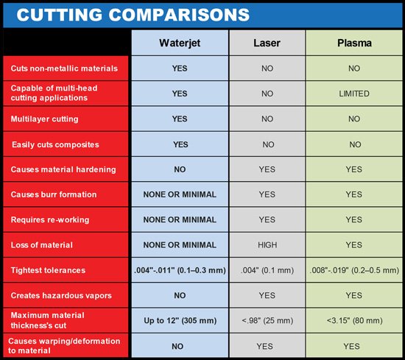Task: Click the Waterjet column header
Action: click(180, 43)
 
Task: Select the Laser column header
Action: click(267, 43)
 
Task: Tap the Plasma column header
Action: click(354, 43)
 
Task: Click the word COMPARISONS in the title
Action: click(179, 15)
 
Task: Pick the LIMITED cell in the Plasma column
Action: click(354, 93)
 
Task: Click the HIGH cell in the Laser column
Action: click(267, 245)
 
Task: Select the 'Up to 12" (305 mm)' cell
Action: click(180, 320)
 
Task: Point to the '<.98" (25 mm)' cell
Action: click(267, 320)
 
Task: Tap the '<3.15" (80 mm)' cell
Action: click(355, 320)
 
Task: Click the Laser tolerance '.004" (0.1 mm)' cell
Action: click(267, 270)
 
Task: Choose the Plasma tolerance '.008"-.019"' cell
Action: click(354, 270)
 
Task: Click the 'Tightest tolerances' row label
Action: click(48, 270)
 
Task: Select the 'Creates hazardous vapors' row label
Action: click(61, 295)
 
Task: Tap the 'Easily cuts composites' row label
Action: click(55, 144)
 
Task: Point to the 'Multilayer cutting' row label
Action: click(44, 119)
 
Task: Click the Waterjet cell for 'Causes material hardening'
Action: click(180, 169)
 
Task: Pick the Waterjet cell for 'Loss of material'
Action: click(180, 245)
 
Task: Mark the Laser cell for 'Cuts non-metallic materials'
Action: click(267, 68)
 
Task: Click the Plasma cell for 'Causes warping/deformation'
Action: click(351, 346)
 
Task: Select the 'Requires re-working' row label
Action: click(50, 220)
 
